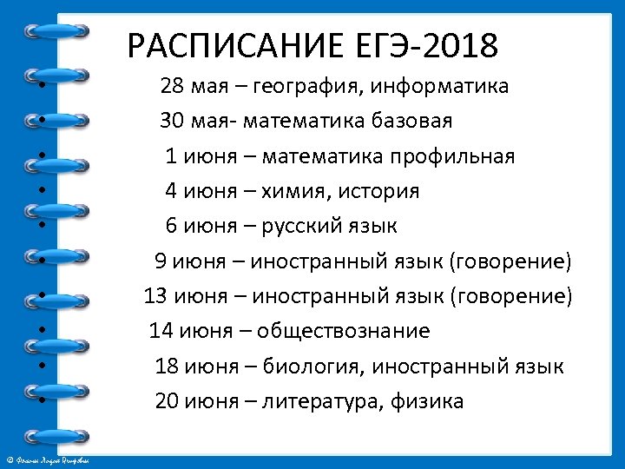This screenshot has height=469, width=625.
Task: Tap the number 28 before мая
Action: point(172,87)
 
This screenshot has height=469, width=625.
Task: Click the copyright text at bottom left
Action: point(52,459)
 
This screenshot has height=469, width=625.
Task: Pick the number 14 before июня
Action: point(161,331)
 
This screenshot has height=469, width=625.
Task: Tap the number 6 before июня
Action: point(171,227)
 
